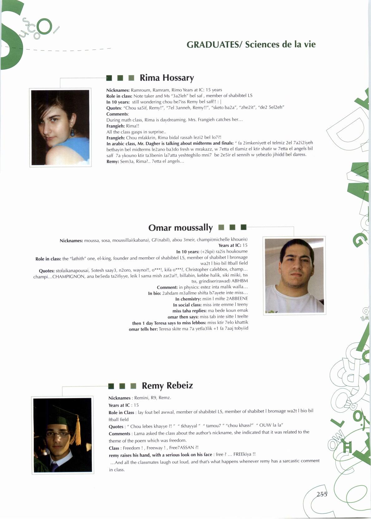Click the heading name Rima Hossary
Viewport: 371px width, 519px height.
[167, 78]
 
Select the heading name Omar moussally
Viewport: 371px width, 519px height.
[180, 228]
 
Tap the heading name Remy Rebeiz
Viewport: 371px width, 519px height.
[167, 386]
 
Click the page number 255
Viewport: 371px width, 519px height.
[322, 494]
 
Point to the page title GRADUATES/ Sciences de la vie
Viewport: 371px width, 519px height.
[251, 44]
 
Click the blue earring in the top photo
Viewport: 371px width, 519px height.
[72, 132]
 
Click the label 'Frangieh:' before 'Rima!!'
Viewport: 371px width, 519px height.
[115, 126]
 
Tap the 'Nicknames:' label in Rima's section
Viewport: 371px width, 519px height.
[118, 90]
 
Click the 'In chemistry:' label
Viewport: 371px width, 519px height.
[188, 299]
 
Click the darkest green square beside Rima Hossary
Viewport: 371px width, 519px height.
[109, 78]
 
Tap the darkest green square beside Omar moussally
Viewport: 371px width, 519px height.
[244, 227]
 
